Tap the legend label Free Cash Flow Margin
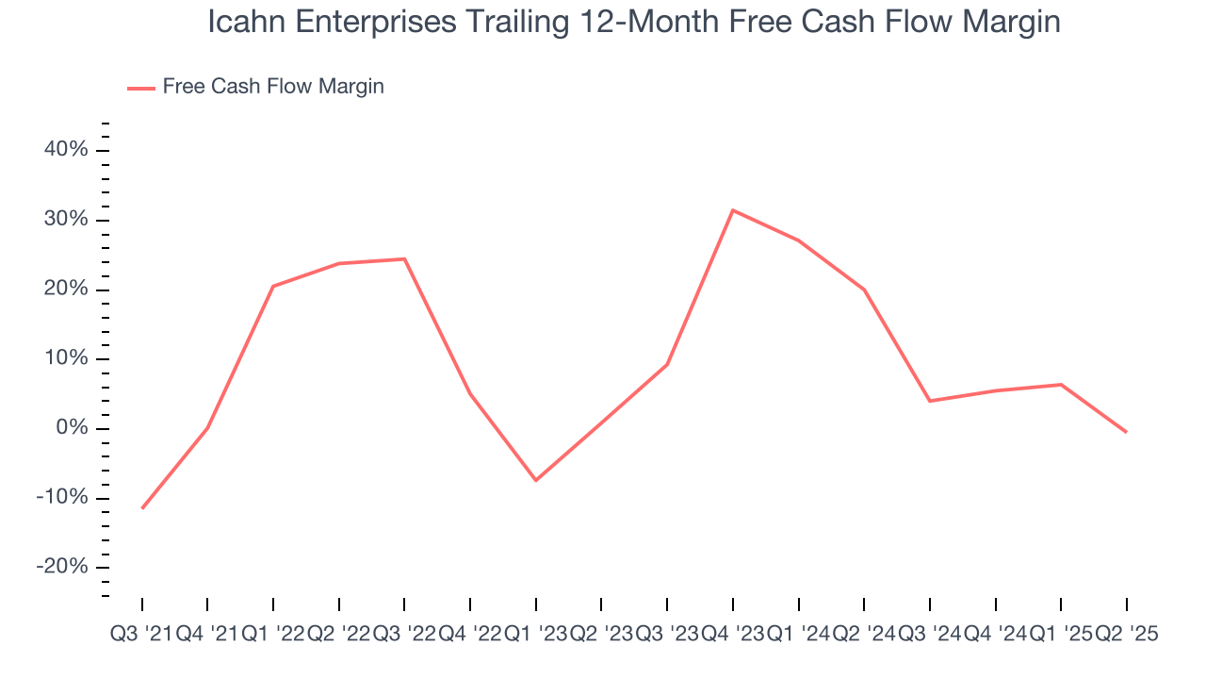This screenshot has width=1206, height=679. pos(273,87)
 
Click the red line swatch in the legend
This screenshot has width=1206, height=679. pos(141,88)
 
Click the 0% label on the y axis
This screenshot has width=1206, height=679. pos(72,428)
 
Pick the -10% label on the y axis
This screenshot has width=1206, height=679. pos(62,498)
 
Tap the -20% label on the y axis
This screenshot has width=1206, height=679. pos(62,567)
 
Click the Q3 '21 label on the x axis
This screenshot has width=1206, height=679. pos(140,635)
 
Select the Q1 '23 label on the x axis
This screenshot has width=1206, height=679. pos(535,635)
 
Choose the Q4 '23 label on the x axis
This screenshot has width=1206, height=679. pos(732,635)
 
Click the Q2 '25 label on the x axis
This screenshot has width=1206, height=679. pos(1126,635)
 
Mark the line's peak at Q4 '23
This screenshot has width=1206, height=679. pos(733,210)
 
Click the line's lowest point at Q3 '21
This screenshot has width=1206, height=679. pos(142,508)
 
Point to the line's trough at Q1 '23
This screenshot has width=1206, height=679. pos(536,480)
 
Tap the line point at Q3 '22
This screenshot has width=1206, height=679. pos(404,258)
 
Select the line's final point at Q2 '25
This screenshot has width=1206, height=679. pos(1126,432)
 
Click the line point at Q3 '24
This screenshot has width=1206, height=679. pos(930,401)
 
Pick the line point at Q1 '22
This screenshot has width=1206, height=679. pos(273,286)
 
